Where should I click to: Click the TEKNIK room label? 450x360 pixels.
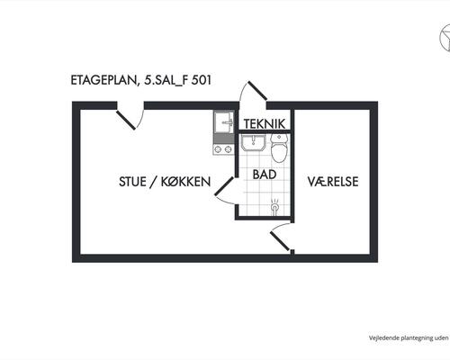pyautogui.click(x=265, y=124)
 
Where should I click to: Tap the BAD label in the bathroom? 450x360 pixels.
pyautogui.click(x=265, y=175)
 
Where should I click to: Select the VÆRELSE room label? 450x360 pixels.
pyautogui.click(x=333, y=182)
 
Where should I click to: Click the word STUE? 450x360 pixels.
pyautogui.click(x=132, y=182)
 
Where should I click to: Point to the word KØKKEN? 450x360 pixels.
pyautogui.click(x=186, y=182)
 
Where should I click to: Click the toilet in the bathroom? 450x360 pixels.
pyautogui.click(x=279, y=148)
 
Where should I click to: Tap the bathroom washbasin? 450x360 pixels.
pyautogui.click(x=254, y=143)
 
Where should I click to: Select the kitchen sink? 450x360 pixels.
pyautogui.click(x=224, y=121)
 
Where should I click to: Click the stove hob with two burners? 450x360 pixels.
pyautogui.click(x=223, y=148)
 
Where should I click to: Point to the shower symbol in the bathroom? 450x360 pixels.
pyautogui.click(x=274, y=206)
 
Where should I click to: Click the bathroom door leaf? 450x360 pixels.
pyautogui.click(x=224, y=186)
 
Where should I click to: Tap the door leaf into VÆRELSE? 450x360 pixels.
pyautogui.click(x=280, y=241)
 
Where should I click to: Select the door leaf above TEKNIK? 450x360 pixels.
pyautogui.click(x=256, y=90)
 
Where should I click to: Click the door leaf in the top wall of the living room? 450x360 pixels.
pyautogui.click(x=126, y=120)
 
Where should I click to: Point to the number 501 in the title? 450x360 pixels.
pyautogui.click(x=201, y=80)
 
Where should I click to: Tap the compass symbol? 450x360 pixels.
pyautogui.click(x=445, y=38)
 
